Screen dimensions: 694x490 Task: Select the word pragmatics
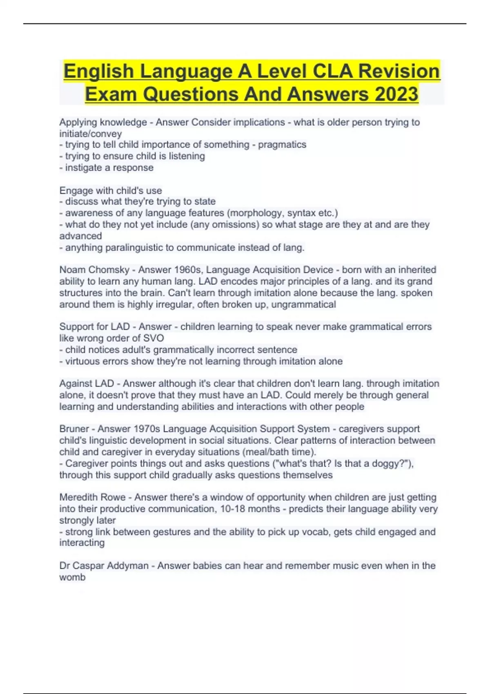pos(282,145)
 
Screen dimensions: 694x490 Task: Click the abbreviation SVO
pos(154,338)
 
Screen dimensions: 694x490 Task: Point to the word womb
pos(72,577)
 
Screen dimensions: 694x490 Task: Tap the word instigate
pos(83,167)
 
